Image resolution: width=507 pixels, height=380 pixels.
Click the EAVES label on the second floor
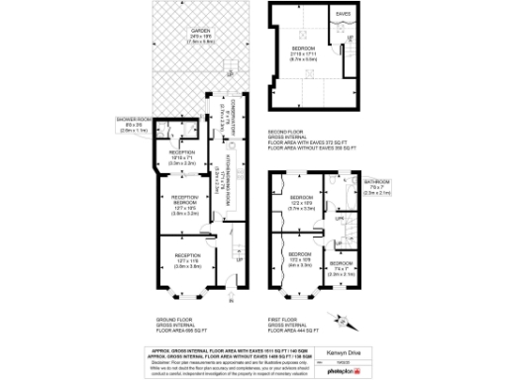(x=343, y=14)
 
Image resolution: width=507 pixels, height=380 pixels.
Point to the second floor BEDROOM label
(x=302, y=49)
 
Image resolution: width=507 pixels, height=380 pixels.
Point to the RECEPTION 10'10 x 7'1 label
(x=181, y=153)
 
